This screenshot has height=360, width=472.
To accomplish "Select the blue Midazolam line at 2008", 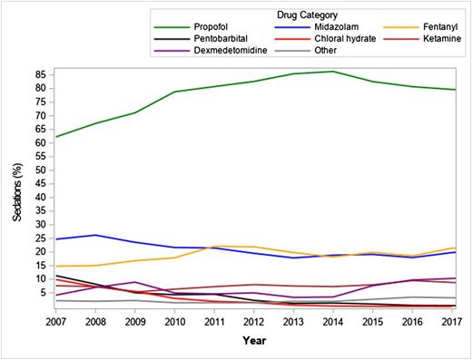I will (95, 235).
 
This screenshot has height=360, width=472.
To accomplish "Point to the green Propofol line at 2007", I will (56, 137).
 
